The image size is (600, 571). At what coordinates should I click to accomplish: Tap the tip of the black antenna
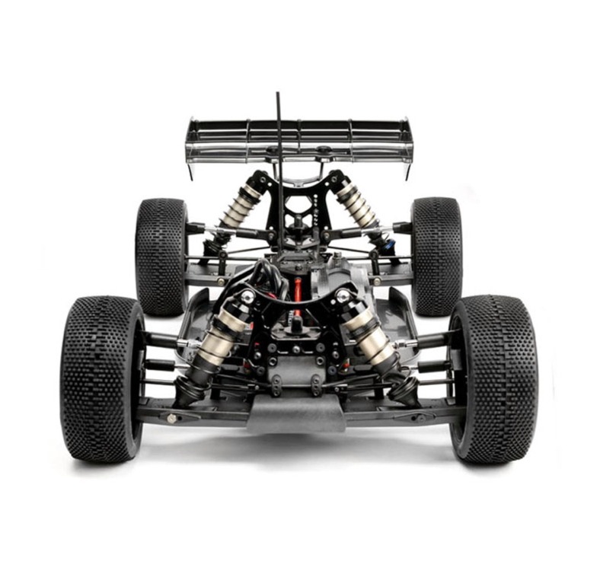277,95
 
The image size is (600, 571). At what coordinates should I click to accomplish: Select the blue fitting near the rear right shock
391,245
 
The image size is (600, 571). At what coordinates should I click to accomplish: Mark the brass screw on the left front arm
173,418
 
